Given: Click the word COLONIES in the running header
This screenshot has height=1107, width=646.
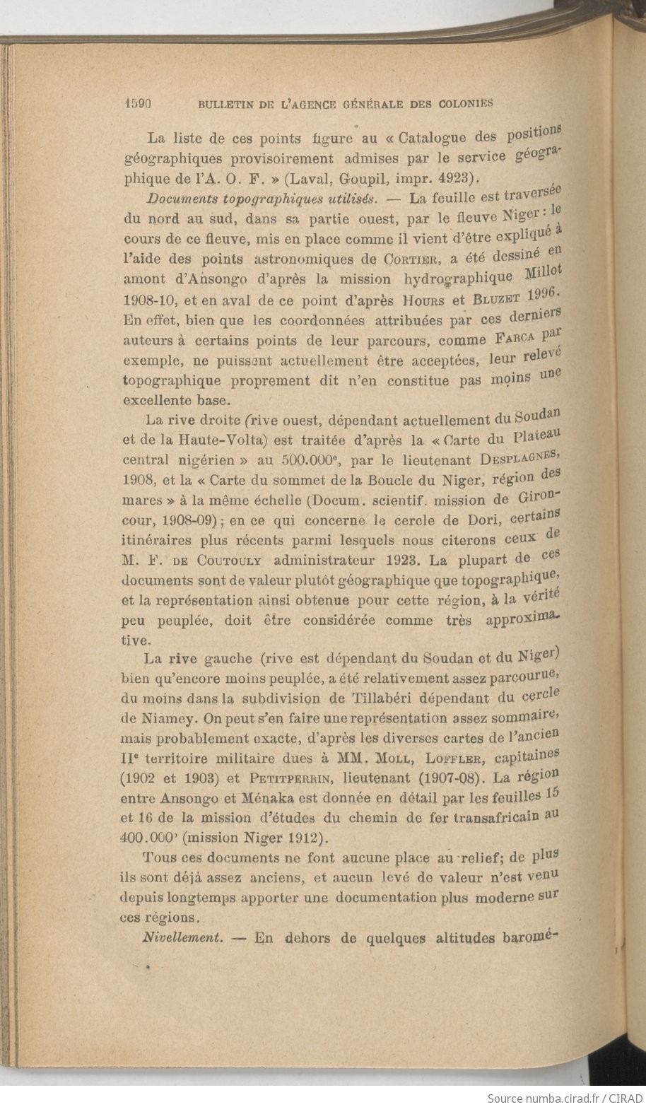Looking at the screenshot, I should point(462,103).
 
